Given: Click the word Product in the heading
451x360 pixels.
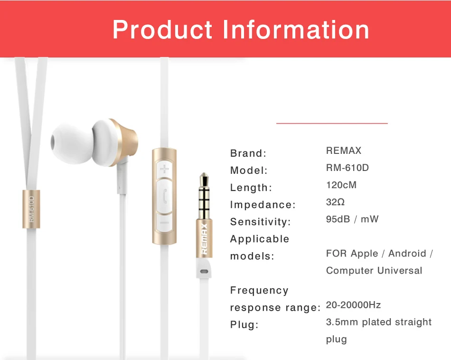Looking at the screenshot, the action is [162, 29].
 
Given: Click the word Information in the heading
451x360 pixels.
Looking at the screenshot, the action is [296, 29].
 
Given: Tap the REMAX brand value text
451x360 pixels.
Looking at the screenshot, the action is [343, 151].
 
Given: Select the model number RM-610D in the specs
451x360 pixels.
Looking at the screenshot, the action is [347, 168].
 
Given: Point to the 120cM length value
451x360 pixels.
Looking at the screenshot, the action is [341, 185].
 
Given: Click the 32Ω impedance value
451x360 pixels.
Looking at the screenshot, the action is [335, 202].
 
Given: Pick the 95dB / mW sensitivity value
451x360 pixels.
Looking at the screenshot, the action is [352, 219].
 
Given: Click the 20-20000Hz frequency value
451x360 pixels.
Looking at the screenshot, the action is [353, 305].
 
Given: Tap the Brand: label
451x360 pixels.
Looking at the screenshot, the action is [248, 153].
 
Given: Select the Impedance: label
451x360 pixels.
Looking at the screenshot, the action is [263, 205].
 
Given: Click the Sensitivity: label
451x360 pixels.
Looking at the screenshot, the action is [260, 222].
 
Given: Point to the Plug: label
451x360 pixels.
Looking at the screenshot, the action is [244, 324].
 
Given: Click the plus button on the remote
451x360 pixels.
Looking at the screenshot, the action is [164, 169].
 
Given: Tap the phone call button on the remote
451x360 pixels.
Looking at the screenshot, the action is [164, 196].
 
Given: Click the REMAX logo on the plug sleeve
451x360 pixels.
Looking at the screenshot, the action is [204, 239].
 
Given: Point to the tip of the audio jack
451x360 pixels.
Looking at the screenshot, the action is [204, 173].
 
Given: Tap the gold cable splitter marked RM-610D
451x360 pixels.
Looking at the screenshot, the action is [31, 209].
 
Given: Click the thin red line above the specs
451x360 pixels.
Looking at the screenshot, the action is [332, 123].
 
